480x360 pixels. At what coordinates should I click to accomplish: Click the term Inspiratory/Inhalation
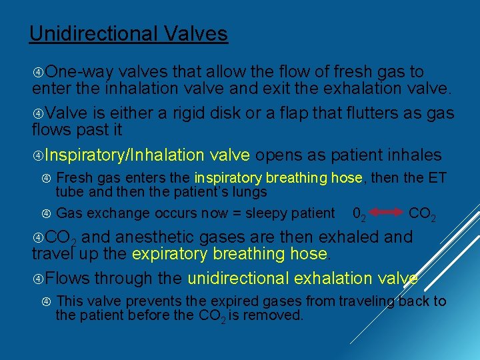click(x=125, y=155)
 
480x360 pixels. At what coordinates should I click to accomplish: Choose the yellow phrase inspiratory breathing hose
click(x=279, y=177)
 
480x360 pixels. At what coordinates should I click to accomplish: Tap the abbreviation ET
click(x=436, y=177)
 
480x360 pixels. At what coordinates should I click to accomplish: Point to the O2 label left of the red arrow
click(x=358, y=214)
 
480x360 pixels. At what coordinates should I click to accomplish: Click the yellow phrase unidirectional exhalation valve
click(x=303, y=278)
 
